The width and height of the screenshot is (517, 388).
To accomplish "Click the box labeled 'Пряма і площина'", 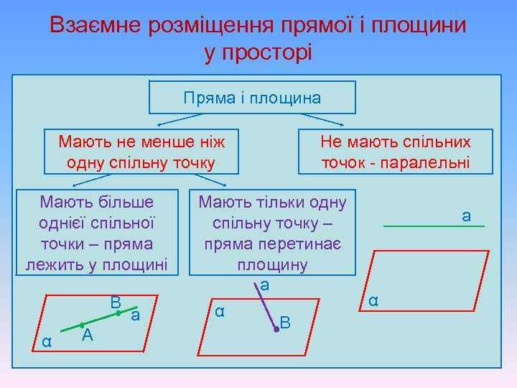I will [x=252, y=98].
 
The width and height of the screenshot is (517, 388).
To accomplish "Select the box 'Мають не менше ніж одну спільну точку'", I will [x=141, y=152].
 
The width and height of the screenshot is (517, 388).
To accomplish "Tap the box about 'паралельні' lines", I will [x=396, y=152].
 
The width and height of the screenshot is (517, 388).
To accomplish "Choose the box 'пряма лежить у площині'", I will [x=97, y=233].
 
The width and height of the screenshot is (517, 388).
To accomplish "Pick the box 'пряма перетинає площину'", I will [x=272, y=233].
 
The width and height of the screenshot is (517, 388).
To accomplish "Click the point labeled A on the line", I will [x=83, y=325].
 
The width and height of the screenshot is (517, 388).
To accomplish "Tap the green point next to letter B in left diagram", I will [x=118, y=313].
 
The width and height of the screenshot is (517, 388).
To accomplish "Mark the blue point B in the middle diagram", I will [x=276, y=329].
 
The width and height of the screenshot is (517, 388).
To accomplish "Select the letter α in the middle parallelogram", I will [x=220, y=311].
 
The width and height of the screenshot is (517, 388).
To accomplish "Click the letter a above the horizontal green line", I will [x=466, y=215].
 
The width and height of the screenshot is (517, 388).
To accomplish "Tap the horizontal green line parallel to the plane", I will [x=434, y=227].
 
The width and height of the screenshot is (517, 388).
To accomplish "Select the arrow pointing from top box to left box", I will [x=183, y=116].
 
